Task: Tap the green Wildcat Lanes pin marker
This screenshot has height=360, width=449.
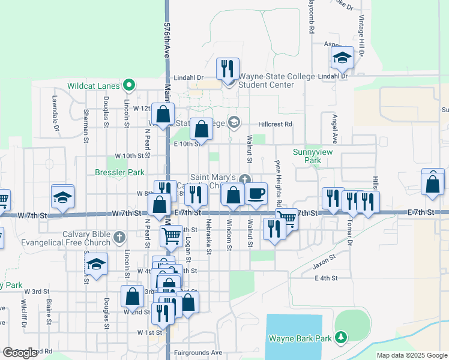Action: click(x=128, y=85)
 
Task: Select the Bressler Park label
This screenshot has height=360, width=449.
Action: click(x=119, y=172)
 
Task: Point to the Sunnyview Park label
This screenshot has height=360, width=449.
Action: click(x=312, y=157)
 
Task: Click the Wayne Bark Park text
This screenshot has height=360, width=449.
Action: click(x=300, y=338)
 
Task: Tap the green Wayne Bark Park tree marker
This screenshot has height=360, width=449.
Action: click(x=341, y=338)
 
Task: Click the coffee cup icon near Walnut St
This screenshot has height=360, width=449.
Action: click(x=256, y=193)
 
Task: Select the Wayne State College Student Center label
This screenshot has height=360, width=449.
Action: click(x=268, y=80)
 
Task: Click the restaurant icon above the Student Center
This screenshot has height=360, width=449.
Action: click(x=228, y=68)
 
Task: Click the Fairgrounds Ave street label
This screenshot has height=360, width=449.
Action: click(x=197, y=352)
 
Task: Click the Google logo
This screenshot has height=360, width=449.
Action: click(x=20, y=353)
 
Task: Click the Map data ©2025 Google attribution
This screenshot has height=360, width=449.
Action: click(x=412, y=355)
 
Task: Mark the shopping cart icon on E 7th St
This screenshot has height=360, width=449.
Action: click(x=288, y=219)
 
